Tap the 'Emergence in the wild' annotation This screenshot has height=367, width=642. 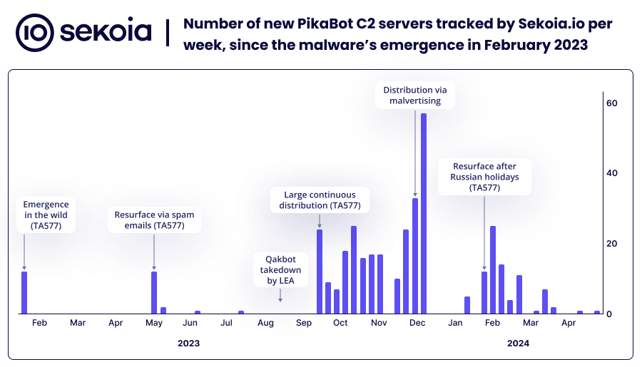(46, 215)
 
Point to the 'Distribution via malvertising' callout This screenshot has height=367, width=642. (415, 95)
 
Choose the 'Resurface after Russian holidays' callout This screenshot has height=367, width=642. (485, 177)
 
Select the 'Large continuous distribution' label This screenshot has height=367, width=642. (320, 200)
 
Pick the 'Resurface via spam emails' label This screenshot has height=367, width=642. (154, 220)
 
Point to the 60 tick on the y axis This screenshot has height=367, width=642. (611, 103)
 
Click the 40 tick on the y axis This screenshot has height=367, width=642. (611, 173)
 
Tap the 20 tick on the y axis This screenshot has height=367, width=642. (611, 244)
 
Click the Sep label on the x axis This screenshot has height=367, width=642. (302, 324)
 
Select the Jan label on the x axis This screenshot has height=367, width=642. (455, 324)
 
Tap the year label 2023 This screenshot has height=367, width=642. (188, 343)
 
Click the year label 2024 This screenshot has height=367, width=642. (518, 343)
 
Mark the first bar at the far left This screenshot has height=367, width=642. (24, 292)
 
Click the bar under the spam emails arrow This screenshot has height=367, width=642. (154, 292)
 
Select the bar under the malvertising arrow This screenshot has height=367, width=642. (415, 256)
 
